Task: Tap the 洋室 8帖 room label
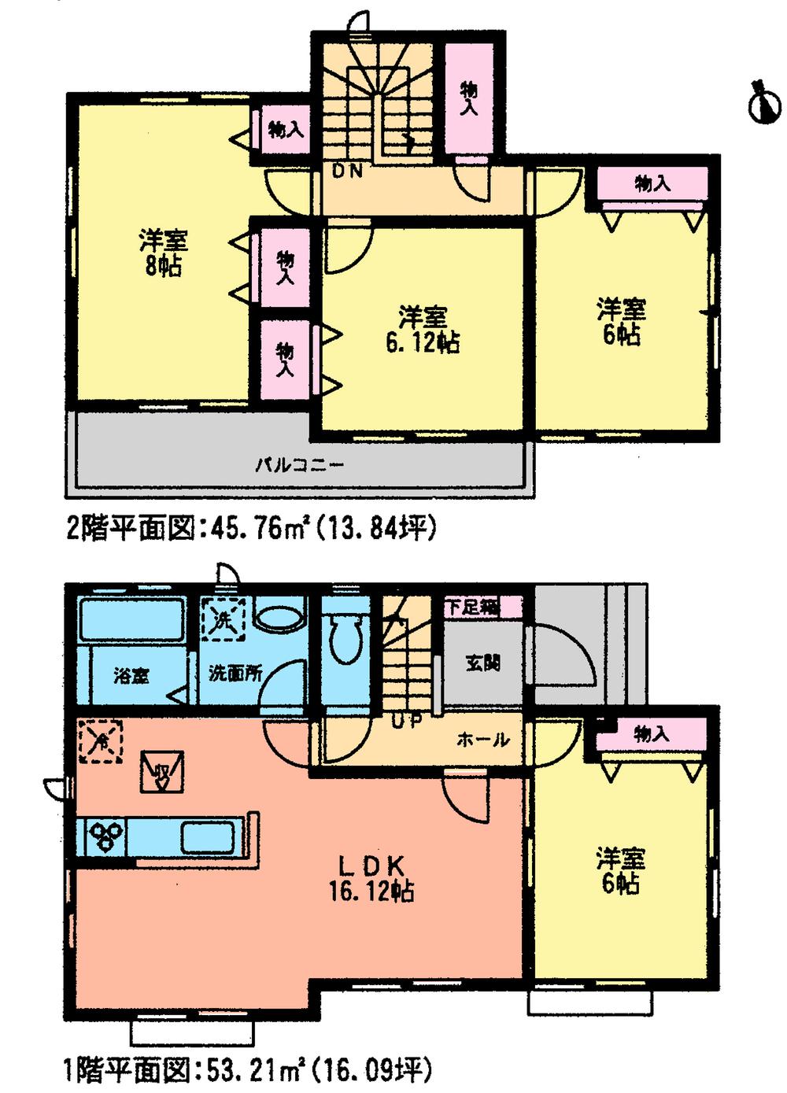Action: point(164,253)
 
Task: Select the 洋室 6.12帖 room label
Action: point(423,330)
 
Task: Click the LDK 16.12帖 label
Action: point(372,879)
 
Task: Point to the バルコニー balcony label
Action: point(299,464)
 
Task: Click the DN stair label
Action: point(347,171)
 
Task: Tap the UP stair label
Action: point(405,719)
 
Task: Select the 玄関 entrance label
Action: point(482,663)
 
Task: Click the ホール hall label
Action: point(482,740)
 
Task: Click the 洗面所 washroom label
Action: point(235,674)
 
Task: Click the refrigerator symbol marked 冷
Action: point(101,740)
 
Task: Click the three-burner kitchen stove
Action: point(105,835)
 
